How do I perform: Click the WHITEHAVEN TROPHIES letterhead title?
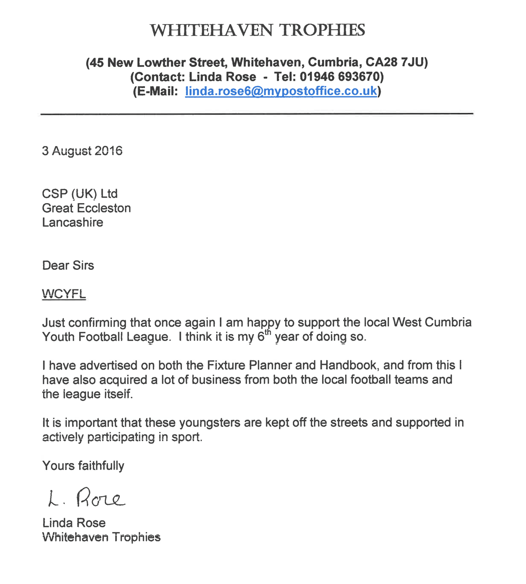pos(257,30)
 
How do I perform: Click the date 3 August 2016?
pos(82,151)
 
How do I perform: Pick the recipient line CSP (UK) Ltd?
pos(80,194)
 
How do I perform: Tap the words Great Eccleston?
pos(86,208)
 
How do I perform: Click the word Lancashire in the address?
pos(72,223)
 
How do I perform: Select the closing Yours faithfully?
pos(83,466)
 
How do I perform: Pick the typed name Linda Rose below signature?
pos(74,523)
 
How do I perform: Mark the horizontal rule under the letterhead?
pos(256,113)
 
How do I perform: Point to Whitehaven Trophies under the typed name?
pos(101,537)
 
